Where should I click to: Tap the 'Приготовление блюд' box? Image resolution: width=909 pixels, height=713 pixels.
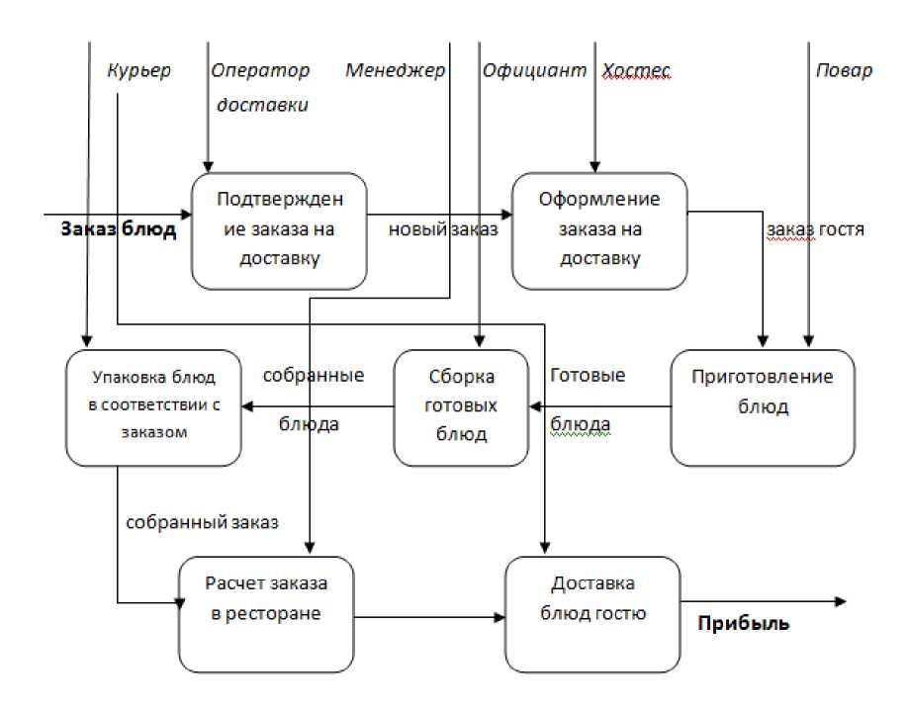[762, 406]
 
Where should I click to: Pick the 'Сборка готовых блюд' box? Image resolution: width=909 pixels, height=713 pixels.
[462, 406]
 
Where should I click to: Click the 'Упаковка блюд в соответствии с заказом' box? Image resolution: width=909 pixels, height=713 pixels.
[153, 406]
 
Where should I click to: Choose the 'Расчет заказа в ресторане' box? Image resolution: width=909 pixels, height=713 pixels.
[266, 614]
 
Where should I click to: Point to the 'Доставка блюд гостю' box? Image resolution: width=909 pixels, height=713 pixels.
[593, 614]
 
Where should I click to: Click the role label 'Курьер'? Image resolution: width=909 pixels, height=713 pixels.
[138, 71]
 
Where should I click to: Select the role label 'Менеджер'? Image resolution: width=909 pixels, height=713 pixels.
[395, 71]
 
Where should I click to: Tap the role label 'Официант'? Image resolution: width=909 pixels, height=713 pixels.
[534, 71]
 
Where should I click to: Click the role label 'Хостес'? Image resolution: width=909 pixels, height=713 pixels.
[636, 71]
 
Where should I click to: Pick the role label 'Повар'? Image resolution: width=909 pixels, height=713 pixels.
[844, 71]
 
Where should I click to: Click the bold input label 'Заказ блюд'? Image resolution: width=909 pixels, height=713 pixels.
[118, 230]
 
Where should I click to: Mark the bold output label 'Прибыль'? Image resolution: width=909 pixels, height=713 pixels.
[744, 624]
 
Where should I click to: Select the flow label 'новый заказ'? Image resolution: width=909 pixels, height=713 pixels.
[442, 230]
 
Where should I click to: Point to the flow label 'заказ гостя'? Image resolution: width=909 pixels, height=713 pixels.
[816, 230]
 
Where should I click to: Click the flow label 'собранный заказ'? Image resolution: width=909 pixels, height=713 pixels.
[203, 521]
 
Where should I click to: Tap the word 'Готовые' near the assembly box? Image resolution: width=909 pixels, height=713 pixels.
[588, 377]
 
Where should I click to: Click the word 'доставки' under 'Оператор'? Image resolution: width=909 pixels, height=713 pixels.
[262, 105]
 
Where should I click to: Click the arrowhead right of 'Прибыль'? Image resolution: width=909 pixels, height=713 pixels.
[841, 601]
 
